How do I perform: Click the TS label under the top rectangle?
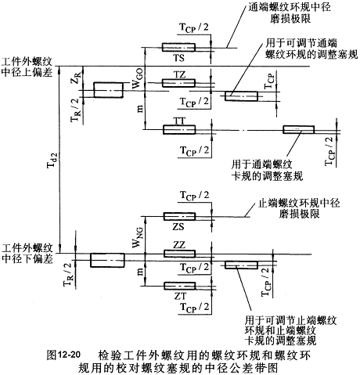pyautogui.click(x=179, y=58)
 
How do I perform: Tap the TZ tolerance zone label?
pyautogui.click(x=180, y=75)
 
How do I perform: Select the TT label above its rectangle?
pyautogui.click(x=180, y=121)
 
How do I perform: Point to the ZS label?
pyautogui.click(x=178, y=226)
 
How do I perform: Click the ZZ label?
pyautogui.click(x=179, y=245)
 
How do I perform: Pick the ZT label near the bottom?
pyautogui.click(x=181, y=296)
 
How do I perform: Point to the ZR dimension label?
pyautogui.click(x=75, y=78)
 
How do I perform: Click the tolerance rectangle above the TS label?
pyautogui.click(x=178, y=47)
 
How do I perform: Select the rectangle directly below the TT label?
pyautogui.click(x=179, y=130)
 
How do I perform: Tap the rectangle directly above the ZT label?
pyautogui.click(x=179, y=286)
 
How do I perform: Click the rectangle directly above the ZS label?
pyautogui.click(x=179, y=217)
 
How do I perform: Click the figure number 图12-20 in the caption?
pyautogui.click(x=63, y=355)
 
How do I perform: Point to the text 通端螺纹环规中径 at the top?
pyautogui.click(x=290, y=7)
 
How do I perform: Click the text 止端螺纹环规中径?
pyautogui.click(x=299, y=203)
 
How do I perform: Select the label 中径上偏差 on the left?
pyautogui.click(x=27, y=73)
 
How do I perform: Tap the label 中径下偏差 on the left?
pyautogui.click(x=27, y=259)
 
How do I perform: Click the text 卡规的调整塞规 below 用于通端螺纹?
pyautogui.click(x=267, y=176)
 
